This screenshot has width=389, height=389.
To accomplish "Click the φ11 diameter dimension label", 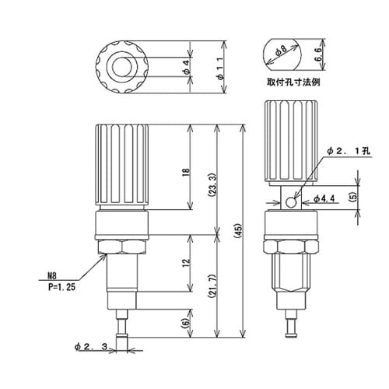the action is tap(220, 68).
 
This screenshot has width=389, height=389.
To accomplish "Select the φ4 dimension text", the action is tap(187, 67).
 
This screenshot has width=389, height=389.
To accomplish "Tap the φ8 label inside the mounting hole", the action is tap(281, 51).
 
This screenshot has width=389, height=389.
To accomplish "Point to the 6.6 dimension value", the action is tap(318, 54).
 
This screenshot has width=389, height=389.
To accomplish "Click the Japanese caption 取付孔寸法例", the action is tap(293, 82).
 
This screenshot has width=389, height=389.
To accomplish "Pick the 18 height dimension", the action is tap(187, 173).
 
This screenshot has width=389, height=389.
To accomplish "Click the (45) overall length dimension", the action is tap(238, 230).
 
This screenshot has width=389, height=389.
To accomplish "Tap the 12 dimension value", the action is tap(187, 263).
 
